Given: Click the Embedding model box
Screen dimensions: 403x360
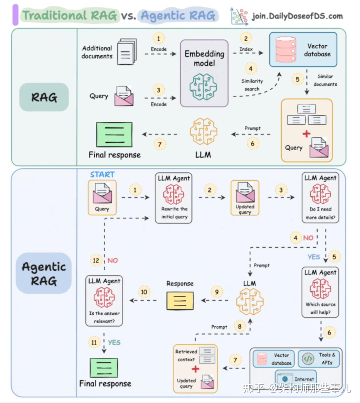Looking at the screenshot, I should (204, 73).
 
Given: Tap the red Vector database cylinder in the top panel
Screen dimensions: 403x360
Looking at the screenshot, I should (286, 50).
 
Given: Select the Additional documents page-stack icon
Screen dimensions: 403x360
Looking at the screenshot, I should (127, 52).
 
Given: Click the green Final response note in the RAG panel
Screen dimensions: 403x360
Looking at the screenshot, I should (114, 134).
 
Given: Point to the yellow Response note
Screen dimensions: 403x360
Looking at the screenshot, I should (180, 301).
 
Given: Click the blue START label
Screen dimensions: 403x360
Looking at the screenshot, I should (102, 174).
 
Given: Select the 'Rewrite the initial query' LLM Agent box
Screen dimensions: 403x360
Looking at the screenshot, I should (174, 198).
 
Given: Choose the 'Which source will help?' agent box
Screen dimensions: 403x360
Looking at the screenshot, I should (320, 292).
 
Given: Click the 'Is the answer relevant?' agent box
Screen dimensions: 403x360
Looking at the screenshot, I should (104, 301).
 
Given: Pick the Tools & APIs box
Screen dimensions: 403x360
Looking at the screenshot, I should (319, 359).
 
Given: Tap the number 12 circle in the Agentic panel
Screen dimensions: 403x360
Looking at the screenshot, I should (96, 260).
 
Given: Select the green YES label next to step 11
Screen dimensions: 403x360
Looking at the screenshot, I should (114, 343).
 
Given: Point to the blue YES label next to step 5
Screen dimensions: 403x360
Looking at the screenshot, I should (314, 257).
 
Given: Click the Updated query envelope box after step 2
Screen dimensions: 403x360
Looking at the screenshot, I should (245, 198).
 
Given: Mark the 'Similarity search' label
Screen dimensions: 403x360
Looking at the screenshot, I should (252, 85).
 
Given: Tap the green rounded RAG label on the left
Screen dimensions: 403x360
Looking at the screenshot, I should (44, 97).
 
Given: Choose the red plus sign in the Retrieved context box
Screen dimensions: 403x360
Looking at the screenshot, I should (195, 369).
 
